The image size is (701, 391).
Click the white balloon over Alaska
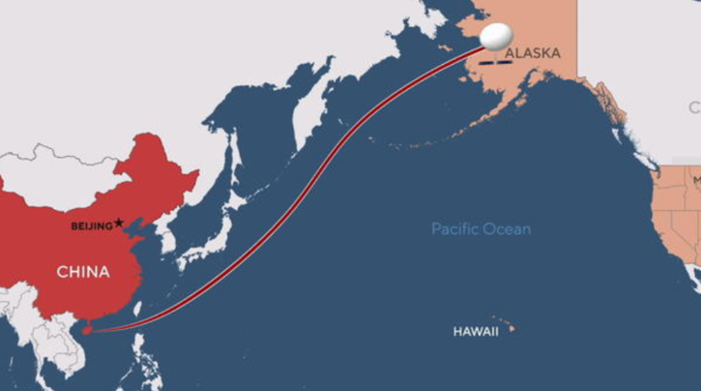point(496,36)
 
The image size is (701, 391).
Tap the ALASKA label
point(533,53)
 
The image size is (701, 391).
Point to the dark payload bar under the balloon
point(496,61)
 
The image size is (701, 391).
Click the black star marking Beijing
point(119,223)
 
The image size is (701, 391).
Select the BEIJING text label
point(91,226)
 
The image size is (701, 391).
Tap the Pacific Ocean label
point(481,229)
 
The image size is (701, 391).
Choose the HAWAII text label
point(476,331)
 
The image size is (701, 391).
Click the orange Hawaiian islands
point(506,325)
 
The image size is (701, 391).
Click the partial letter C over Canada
point(694,105)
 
